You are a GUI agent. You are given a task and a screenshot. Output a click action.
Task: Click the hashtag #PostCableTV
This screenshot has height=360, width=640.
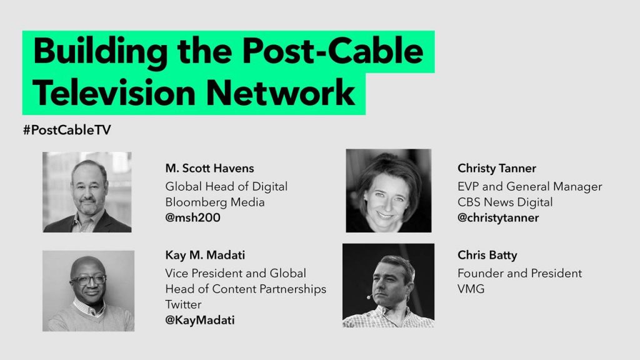coord(67,130)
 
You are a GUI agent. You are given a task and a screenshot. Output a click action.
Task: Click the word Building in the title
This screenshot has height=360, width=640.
coord(100,52)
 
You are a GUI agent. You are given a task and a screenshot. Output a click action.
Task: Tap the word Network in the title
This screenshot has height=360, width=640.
coord(280,93)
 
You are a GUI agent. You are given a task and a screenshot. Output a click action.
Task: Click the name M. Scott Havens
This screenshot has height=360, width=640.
coord(209,168)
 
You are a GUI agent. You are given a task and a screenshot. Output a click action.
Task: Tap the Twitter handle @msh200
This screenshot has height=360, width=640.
coord(192,217)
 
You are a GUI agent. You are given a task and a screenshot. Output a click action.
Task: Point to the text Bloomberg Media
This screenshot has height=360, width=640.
coord(215,202)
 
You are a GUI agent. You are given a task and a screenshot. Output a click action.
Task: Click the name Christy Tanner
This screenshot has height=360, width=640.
coord(497,169)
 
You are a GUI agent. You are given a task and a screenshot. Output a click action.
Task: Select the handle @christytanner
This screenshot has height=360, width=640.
coord(498,218)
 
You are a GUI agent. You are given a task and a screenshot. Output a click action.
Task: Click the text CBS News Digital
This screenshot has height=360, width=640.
coord(505,202)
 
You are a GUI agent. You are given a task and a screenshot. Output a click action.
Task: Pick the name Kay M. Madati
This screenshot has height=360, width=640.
coord(205,256)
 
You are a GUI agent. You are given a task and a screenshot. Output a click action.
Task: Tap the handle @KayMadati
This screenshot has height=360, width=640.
coord(199,320)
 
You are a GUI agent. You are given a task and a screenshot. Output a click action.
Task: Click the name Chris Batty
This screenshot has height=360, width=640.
coord(487,256)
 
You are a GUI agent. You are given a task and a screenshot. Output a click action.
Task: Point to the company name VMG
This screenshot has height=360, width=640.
coord(471,289)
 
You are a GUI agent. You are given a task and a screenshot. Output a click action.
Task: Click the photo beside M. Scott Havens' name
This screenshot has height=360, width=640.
coord(87,192)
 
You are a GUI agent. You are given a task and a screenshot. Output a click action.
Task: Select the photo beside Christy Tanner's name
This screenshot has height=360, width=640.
coord(389,191)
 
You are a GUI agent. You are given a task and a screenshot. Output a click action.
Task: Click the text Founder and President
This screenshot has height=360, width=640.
coord(519,273)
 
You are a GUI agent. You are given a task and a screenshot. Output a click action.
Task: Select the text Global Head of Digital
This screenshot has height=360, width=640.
coord(226,186)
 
